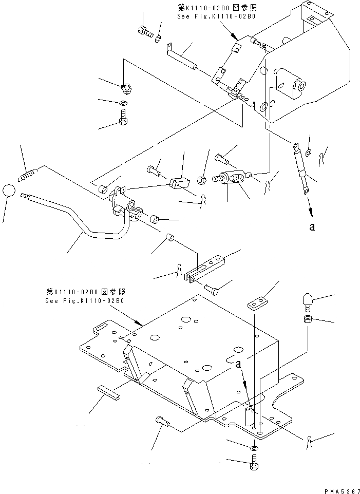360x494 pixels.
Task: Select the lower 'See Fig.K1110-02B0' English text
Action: tap(84, 300)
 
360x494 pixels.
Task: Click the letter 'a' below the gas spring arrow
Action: tap(312, 227)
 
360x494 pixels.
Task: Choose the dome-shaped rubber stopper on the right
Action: tap(307, 300)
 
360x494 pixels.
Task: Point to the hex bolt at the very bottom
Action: tap(254, 466)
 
